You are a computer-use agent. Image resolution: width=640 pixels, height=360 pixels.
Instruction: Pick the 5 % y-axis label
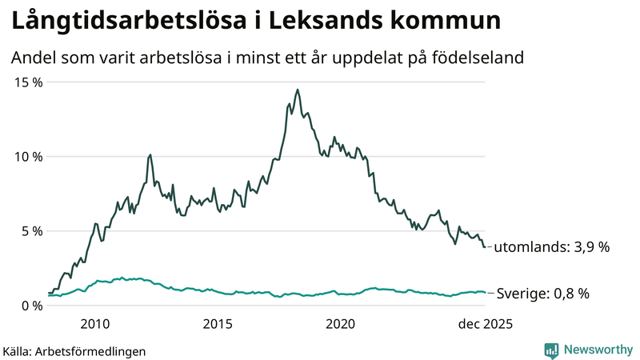31,231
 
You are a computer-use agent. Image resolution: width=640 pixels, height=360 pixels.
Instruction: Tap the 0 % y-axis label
31,306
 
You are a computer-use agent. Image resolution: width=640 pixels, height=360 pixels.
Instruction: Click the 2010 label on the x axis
95,324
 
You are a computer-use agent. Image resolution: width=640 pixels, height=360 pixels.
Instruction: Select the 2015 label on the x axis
218,324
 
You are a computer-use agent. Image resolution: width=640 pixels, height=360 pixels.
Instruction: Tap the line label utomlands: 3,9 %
551,248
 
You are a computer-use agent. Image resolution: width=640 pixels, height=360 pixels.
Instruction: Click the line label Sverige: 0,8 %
543,294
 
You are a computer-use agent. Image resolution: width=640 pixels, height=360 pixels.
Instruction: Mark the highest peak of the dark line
298,90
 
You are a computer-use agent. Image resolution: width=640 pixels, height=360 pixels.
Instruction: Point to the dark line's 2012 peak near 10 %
150,154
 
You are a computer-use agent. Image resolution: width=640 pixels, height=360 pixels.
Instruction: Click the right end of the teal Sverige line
485,293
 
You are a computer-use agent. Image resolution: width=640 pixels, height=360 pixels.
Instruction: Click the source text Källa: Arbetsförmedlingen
74,351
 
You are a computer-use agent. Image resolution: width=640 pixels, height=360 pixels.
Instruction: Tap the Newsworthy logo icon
551,350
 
